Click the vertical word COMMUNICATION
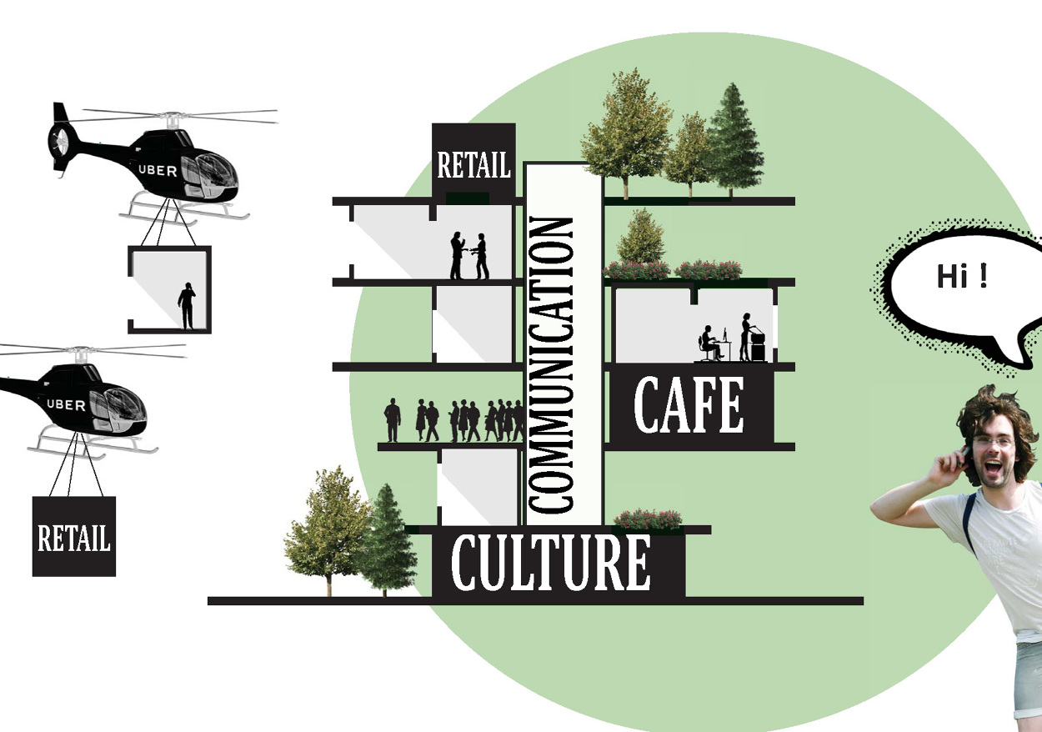coord(551,365)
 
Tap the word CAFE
coord(689,407)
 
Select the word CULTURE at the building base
coord(550,564)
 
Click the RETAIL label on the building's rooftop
coord(473,165)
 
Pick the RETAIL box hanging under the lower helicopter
coord(74,537)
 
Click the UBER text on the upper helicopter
coord(158,170)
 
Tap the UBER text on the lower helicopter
coord(66,405)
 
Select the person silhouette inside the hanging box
coord(187,306)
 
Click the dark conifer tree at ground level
coord(387,538)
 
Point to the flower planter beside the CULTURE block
coord(649,519)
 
